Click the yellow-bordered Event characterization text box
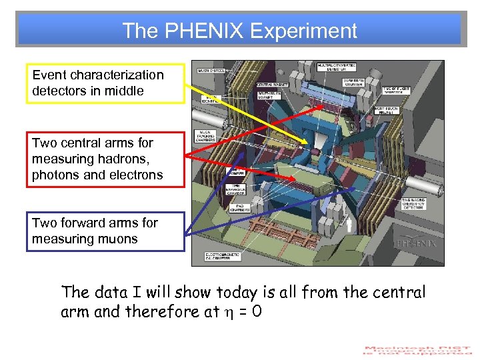coord(105,83)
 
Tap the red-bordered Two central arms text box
coord(105,159)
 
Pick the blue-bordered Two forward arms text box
coord(105,231)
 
